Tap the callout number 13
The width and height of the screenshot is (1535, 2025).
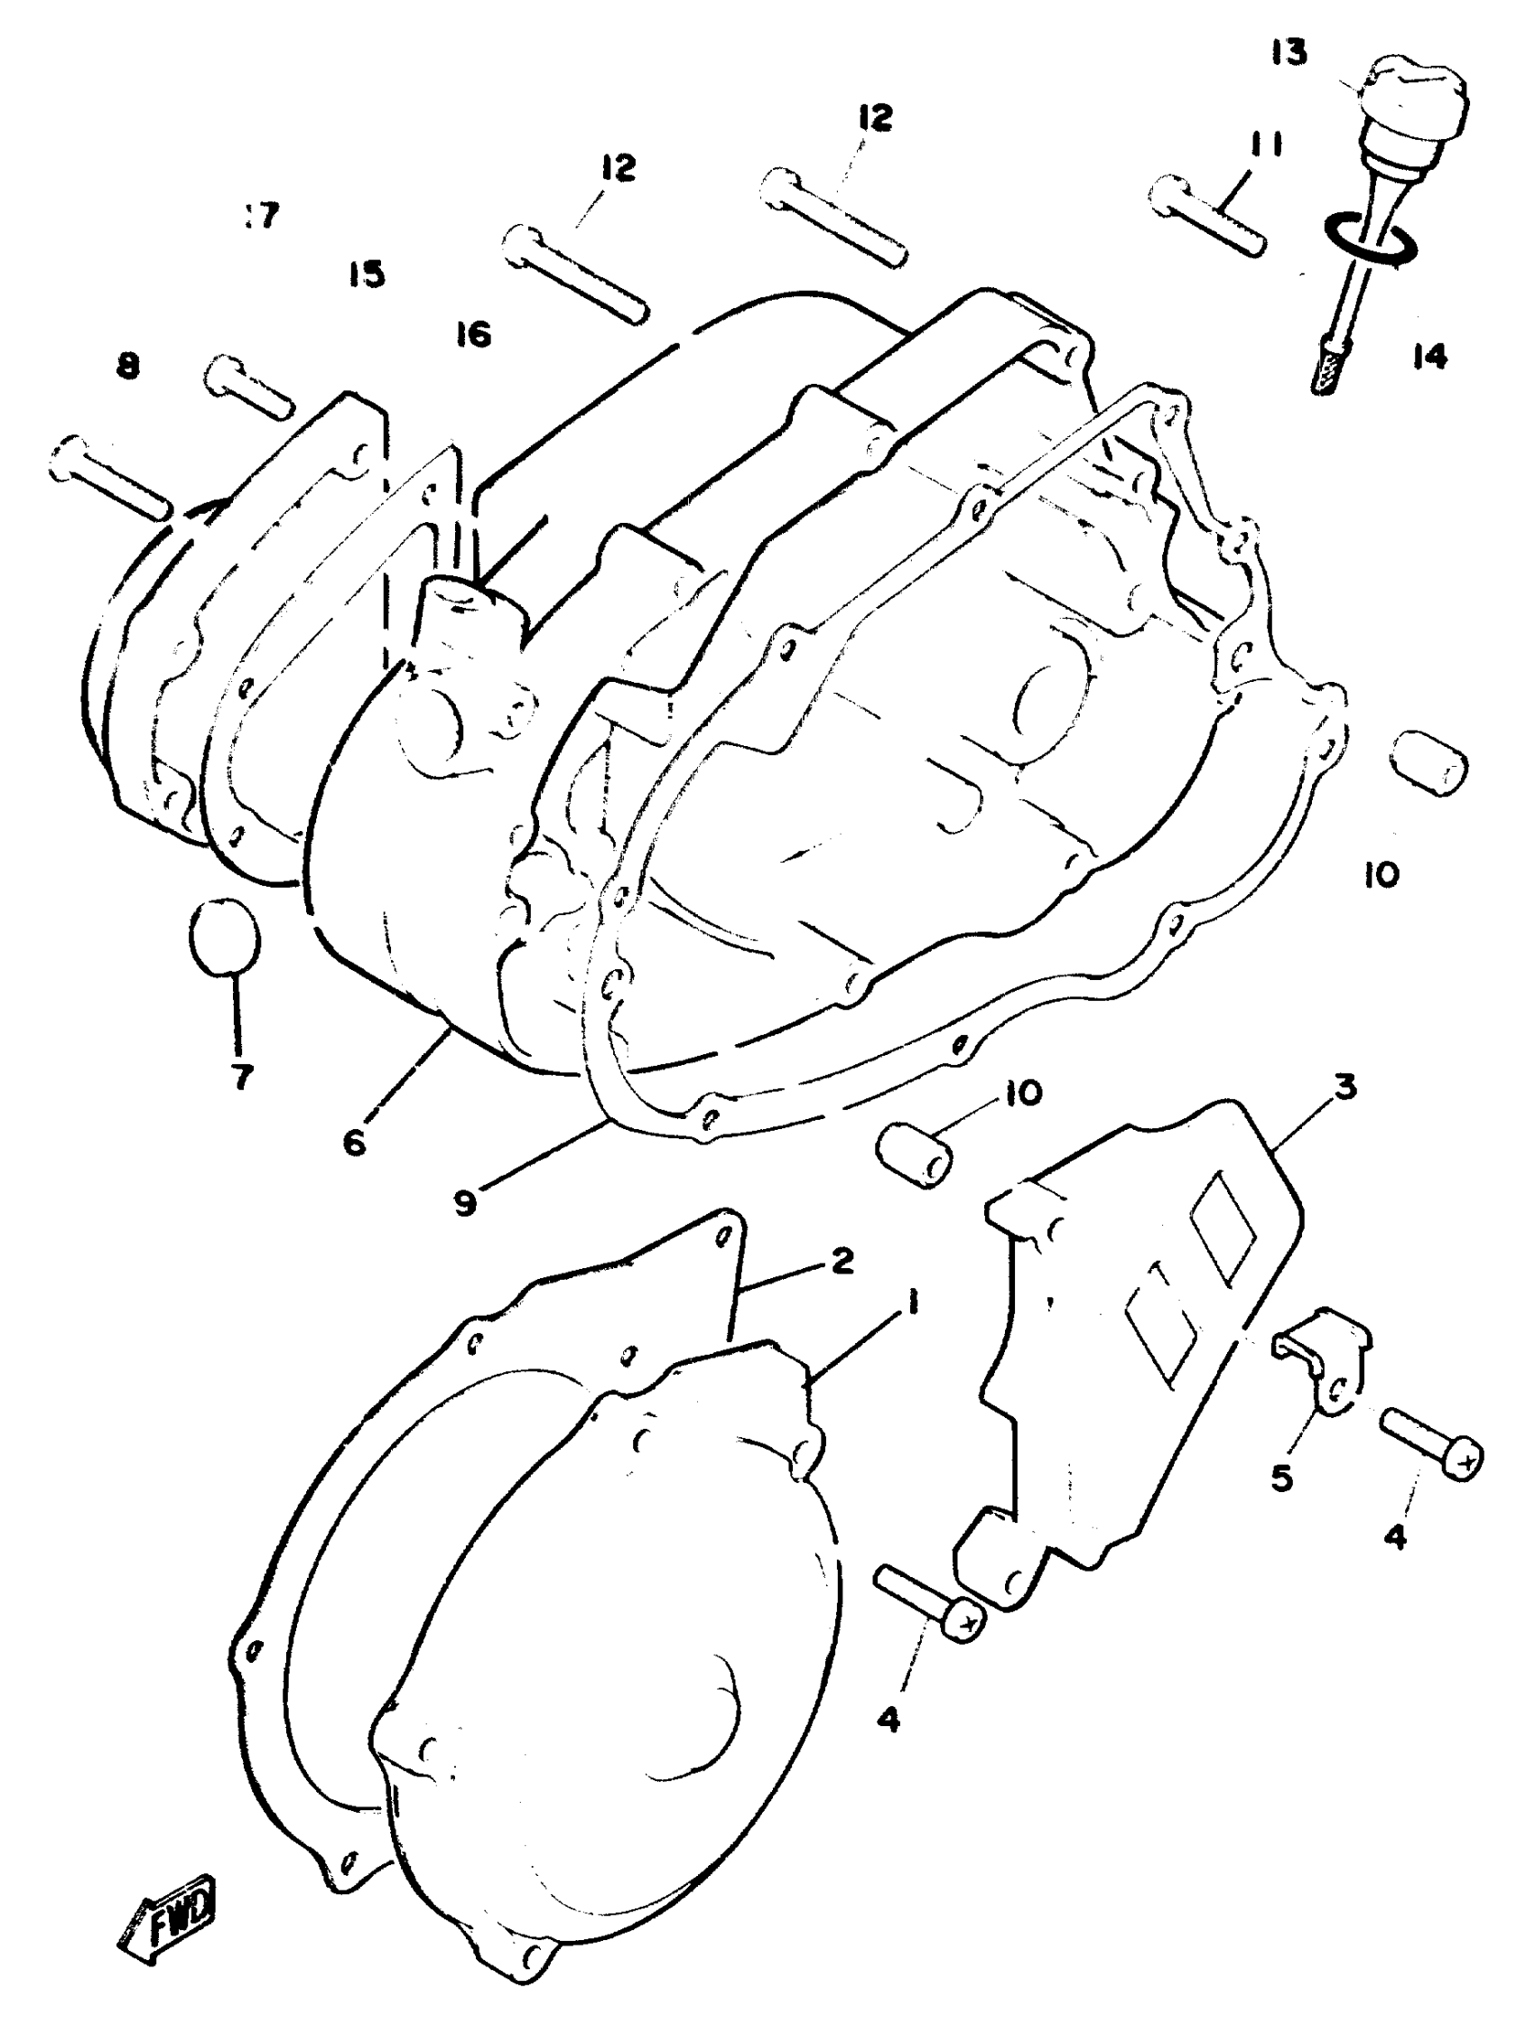point(1288,53)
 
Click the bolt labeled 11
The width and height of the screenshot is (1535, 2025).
point(1207,218)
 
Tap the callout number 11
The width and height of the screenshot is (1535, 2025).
point(1263,145)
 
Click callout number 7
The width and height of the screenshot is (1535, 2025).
point(240,1078)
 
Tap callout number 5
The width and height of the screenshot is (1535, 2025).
point(1282,1478)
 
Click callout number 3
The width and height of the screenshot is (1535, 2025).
point(1344,1088)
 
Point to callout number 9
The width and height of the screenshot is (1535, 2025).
point(466,1204)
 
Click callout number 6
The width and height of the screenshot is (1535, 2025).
point(355,1143)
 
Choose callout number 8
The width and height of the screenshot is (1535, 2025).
point(128,367)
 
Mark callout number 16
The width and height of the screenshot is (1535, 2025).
point(473,334)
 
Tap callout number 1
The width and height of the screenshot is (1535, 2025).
point(913,1302)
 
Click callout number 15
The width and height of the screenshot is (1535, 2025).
point(366,274)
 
